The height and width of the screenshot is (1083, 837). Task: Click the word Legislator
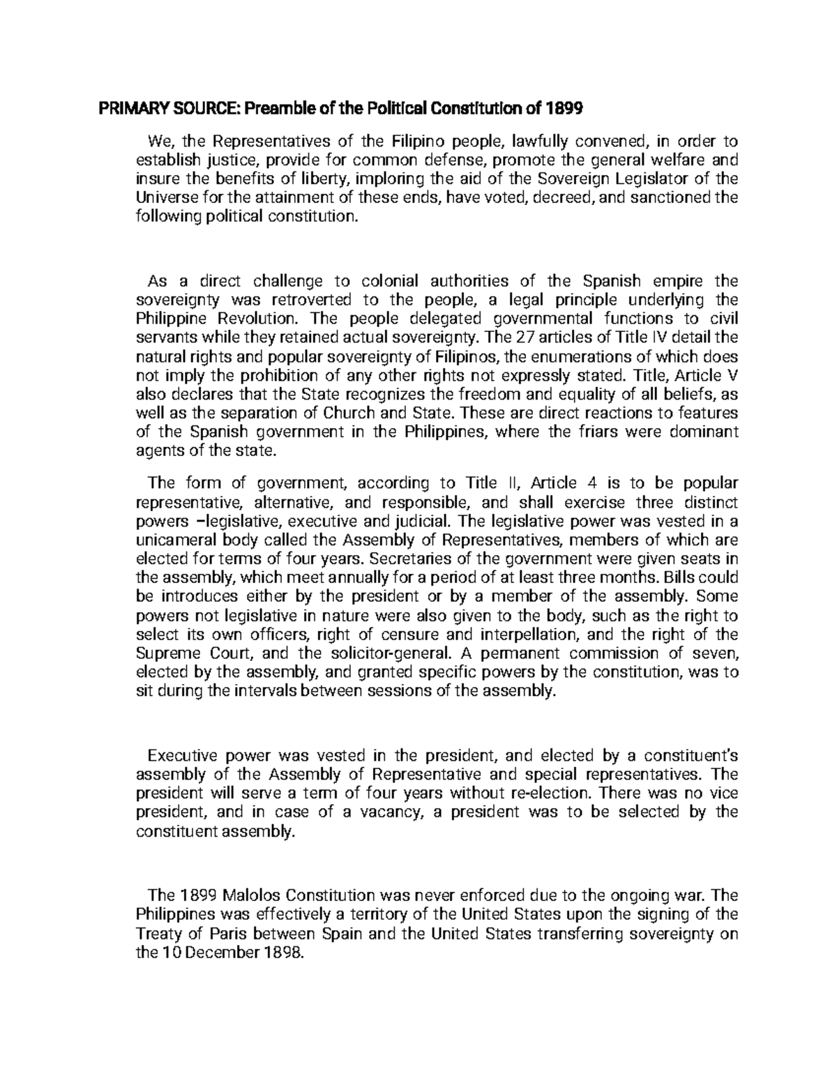pos(668,179)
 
